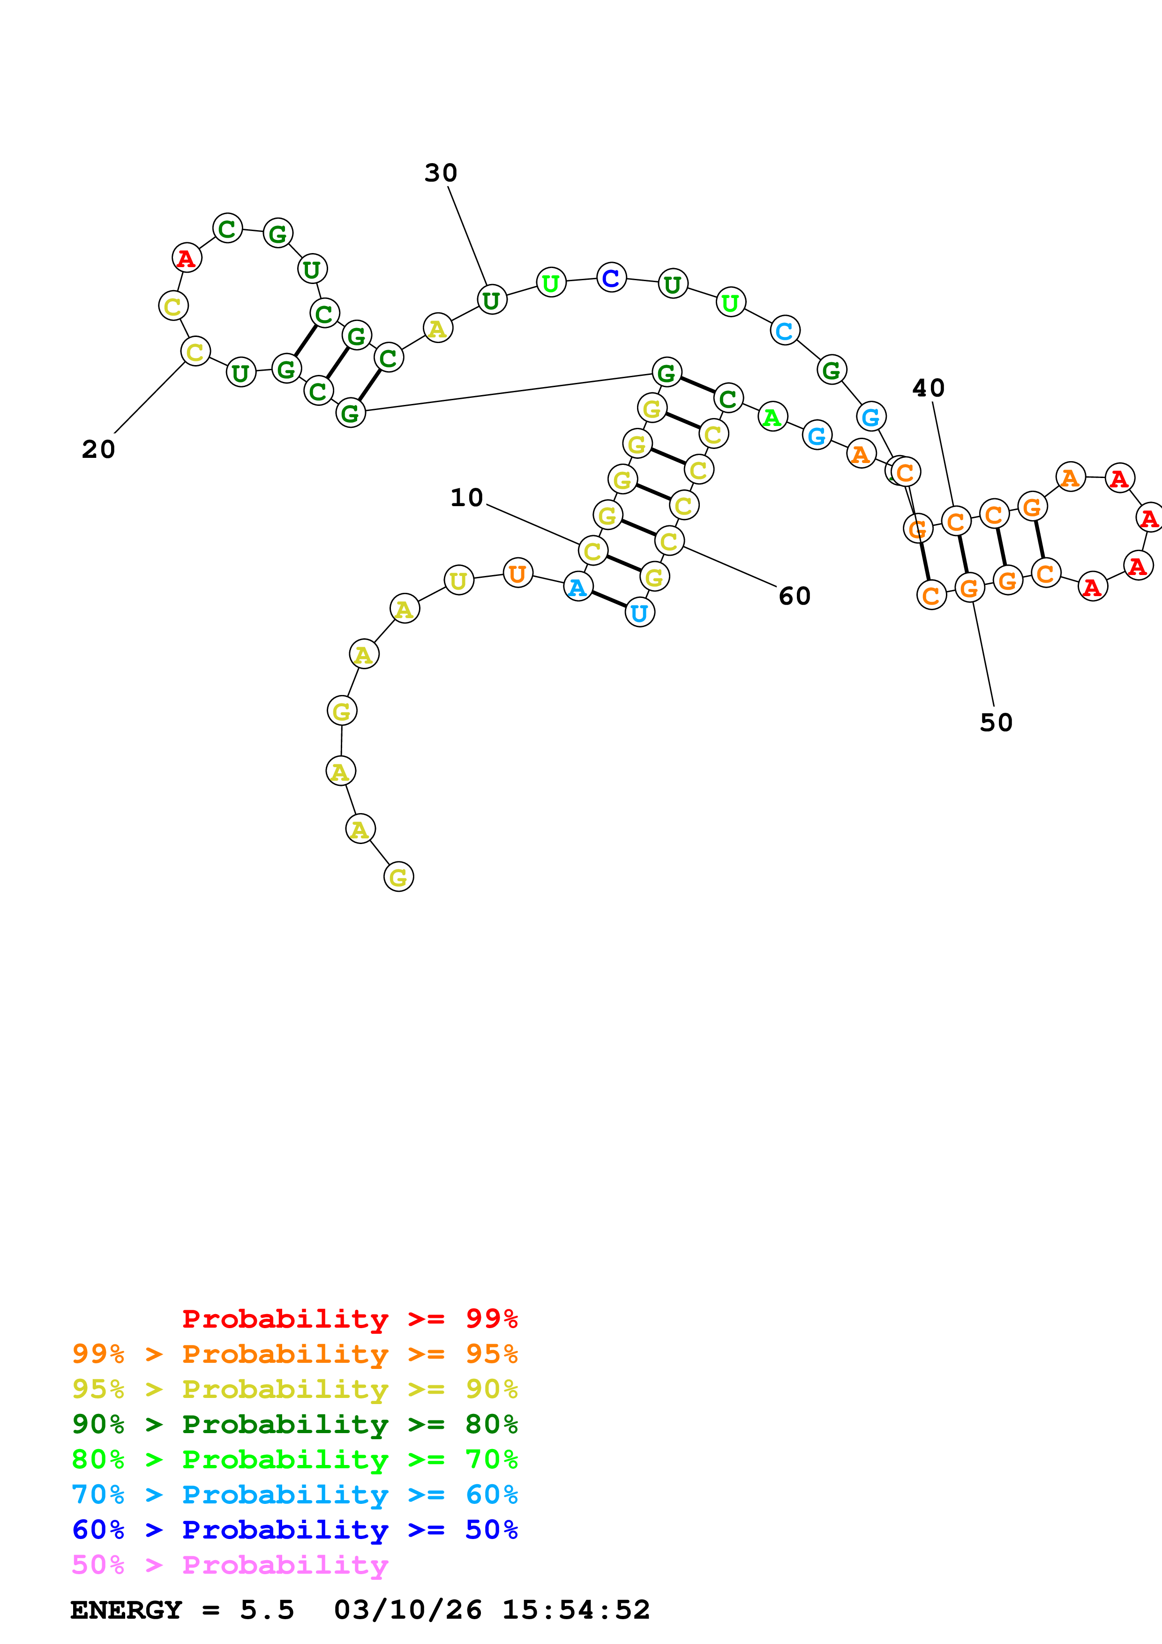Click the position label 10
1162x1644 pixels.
tap(466, 498)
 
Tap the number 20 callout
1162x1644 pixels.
tap(98, 450)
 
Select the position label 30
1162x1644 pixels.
tap(440, 172)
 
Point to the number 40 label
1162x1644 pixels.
tap(928, 388)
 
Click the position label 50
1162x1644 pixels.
tap(996, 723)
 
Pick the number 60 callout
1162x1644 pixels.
tap(794, 596)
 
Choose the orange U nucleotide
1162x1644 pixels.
tap(517, 573)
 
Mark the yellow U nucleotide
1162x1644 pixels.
tap(458, 580)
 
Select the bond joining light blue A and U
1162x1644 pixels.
tap(608, 599)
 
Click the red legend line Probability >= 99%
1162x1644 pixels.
tap(349, 1319)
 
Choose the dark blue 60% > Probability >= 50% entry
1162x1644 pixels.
tap(294, 1530)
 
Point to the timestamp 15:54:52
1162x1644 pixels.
tap(576, 1610)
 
